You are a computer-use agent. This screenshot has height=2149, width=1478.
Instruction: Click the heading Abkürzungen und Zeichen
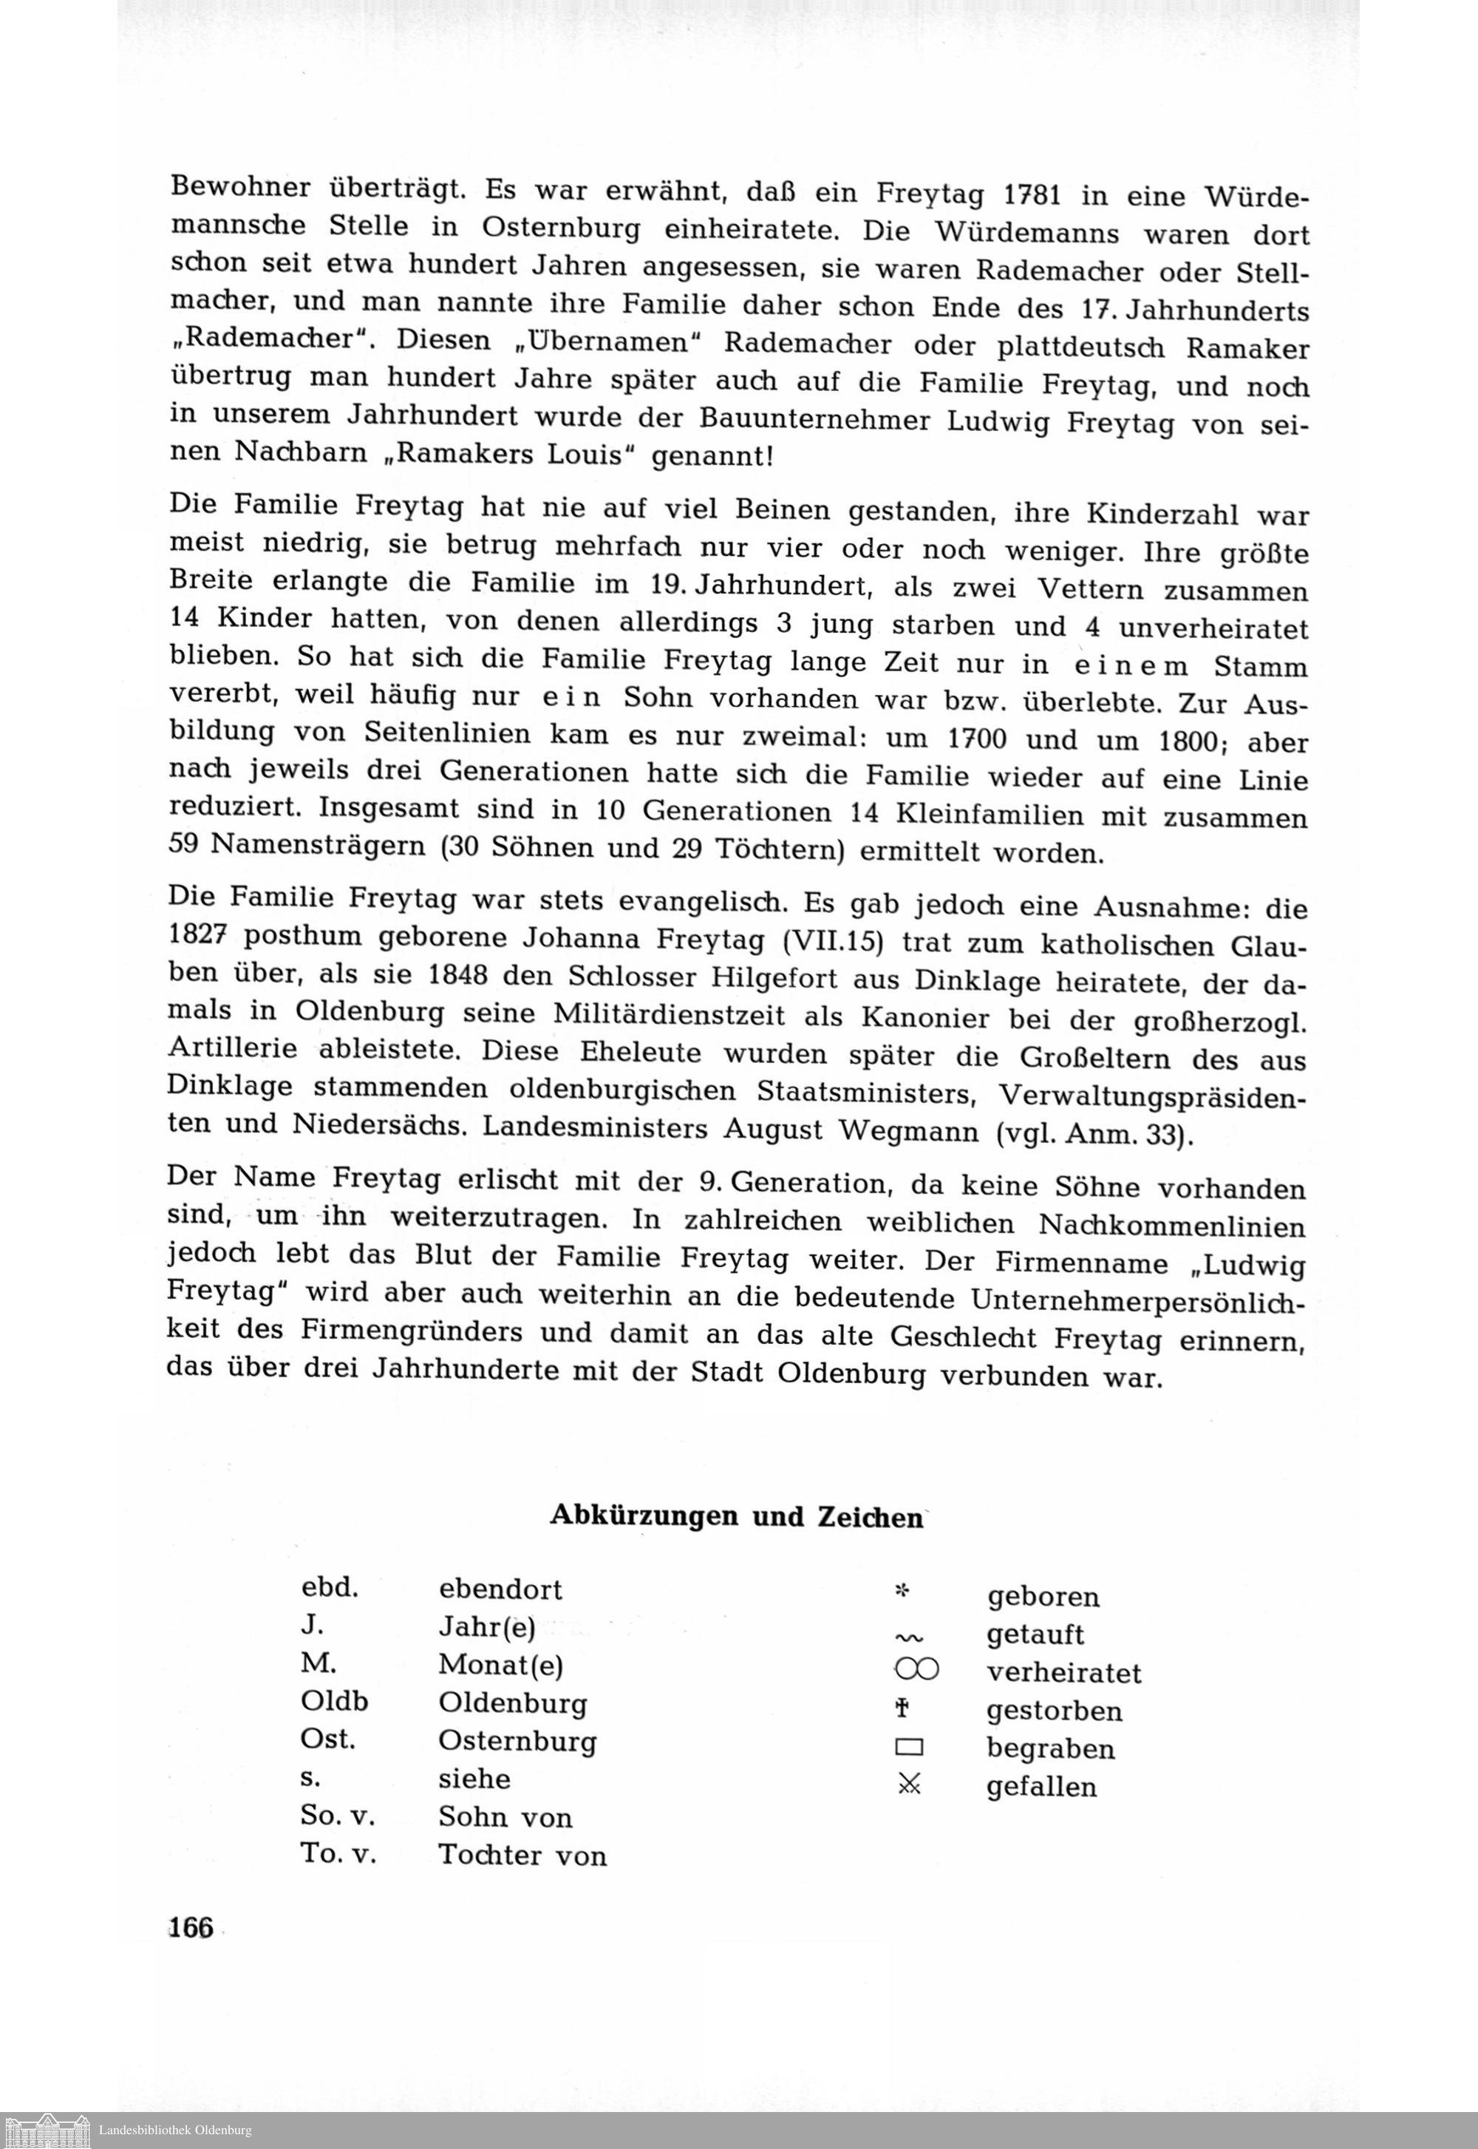pyautogui.click(x=736, y=1515)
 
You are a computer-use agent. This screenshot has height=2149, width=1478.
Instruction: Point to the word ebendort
pyautogui.click(x=500, y=1589)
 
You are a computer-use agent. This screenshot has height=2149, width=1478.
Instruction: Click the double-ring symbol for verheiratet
pyautogui.click(x=917, y=1669)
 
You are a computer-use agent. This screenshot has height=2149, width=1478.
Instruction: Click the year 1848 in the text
pyautogui.click(x=458, y=977)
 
